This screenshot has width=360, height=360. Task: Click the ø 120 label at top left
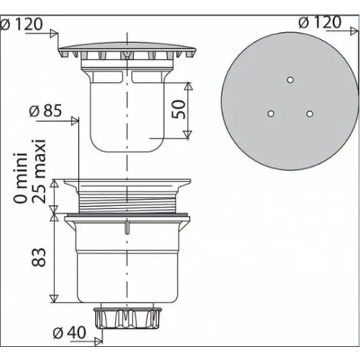pyautogui.click(x=21, y=25)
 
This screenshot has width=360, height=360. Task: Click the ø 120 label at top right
pyautogui.click(x=320, y=22)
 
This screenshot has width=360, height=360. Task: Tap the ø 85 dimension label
pyautogui.click(x=45, y=111)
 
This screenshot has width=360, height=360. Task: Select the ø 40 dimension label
pyautogui.click(x=70, y=332)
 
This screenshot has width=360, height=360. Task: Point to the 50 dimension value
pyautogui.click(x=178, y=110)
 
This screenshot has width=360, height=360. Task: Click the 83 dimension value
pyautogui.click(x=39, y=257)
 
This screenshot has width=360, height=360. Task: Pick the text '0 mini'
pyautogui.click(x=21, y=178)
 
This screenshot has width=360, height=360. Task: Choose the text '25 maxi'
pyautogui.click(x=39, y=171)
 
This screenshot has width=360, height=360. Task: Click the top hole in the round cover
pyautogui.click(x=290, y=80)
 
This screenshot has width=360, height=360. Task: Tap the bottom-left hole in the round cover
pyautogui.click(x=270, y=113)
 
